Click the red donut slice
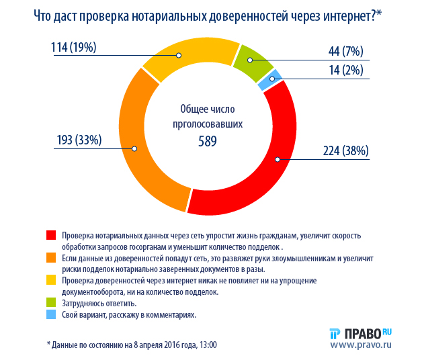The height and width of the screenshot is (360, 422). pyautogui.click(x=269, y=175)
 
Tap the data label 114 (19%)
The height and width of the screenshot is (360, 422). pyautogui.click(x=74, y=47)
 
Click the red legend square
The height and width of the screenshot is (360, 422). pyautogui.click(x=51, y=235)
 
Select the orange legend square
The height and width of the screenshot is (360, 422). pyautogui.click(x=51, y=258)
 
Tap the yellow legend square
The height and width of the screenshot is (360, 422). pyautogui.click(x=51, y=280)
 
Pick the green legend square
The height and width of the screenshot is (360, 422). pyautogui.click(x=51, y=303)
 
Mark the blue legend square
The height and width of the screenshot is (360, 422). pyautogui.click(x=51, y=314)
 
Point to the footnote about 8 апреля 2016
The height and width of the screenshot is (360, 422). pyautogui.click(x=132, y=345)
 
